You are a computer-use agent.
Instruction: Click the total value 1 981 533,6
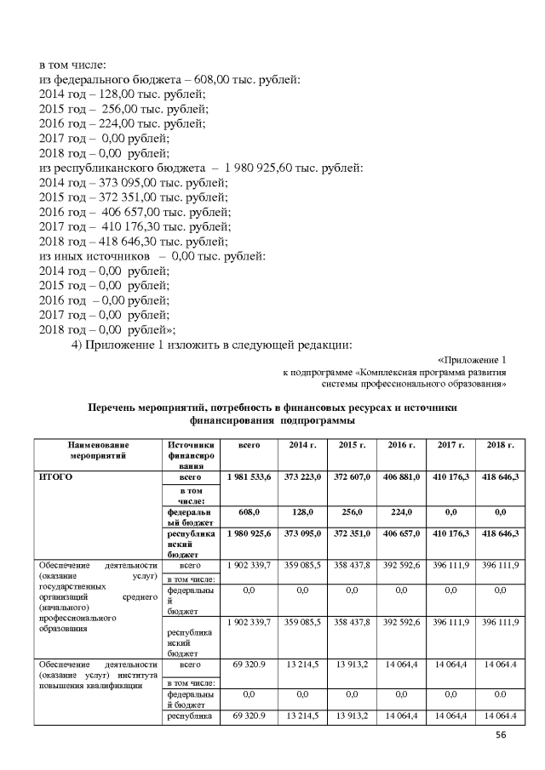click(248, 478)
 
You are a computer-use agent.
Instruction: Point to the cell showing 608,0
click(248, 511)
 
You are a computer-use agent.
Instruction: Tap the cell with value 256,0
click(351, 511)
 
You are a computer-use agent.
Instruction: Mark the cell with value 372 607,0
click(351, 478)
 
